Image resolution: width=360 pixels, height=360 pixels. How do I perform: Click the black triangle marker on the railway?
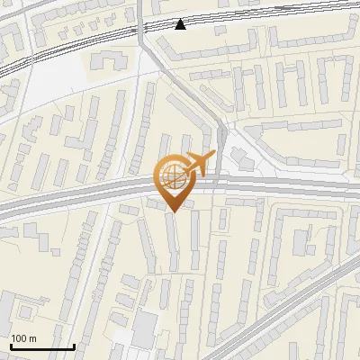point(181,23)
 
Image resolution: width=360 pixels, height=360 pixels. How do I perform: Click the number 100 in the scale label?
point(20,338)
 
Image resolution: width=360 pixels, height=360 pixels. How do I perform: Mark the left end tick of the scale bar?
point(11,346)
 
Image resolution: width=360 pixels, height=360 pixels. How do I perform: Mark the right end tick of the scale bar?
point(74,346)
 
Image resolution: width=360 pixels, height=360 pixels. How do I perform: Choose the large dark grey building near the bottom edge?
point(143,330)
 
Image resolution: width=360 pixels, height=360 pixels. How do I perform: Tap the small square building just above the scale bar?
point(27,312)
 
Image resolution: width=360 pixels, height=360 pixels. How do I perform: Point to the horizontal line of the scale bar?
point(42,347)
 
